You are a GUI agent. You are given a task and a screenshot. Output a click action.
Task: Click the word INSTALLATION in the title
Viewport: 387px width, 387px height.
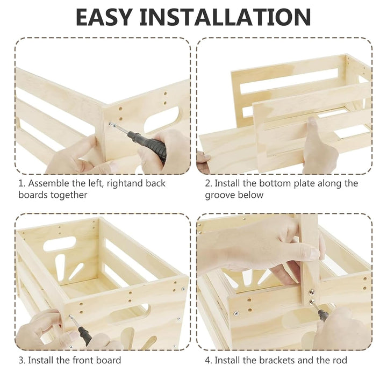tap(225, 17)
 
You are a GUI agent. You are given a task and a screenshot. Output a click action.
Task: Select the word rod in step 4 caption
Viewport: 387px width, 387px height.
tap(340, 360)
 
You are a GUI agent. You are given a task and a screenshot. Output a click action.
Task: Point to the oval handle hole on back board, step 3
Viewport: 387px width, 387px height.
tap(59, 243)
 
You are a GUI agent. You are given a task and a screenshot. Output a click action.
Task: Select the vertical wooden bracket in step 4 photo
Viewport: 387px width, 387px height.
tap(309, 259)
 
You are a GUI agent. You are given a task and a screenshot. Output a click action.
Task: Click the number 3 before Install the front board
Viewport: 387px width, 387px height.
tap(21, 360)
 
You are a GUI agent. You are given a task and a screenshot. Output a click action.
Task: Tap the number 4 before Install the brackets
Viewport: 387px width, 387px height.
tap(208, 360)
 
